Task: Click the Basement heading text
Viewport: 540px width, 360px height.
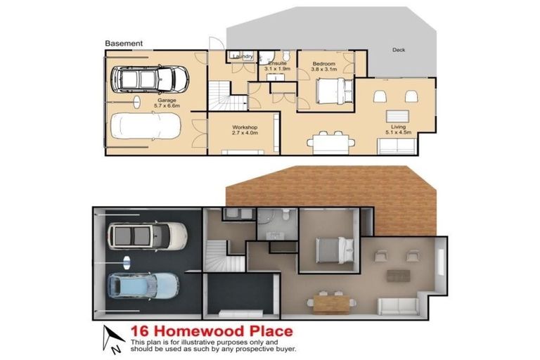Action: (124, 43)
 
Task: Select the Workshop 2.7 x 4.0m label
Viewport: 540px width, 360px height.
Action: (246, 129)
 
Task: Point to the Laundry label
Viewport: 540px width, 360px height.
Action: (241, 56)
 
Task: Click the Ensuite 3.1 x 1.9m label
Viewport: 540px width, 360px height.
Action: (276, 67)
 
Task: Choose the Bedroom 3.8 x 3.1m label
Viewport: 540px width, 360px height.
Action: (324, 67)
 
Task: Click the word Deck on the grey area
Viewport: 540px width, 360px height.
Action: (399, 50)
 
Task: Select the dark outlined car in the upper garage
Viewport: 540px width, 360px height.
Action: (150, 79)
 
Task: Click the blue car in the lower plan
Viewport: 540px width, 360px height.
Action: (143, 285)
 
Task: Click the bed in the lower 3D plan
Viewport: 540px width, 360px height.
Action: (330, 249)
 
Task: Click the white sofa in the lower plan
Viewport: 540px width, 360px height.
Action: (399, 306)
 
